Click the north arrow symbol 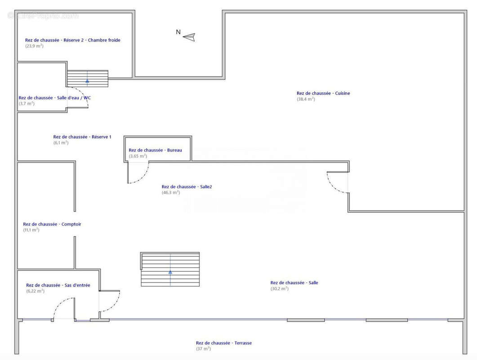[189, 37]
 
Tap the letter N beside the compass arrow [178, 32]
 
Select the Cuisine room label [323, 93]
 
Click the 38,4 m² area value [306, 99]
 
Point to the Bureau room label [155, 150]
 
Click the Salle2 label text [187, 187]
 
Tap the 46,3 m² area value [171, 193]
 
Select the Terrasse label [224, 343]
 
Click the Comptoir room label [52, 224]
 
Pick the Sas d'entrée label [58, 285]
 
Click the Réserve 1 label [82, 137]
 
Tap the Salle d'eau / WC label [55, 98]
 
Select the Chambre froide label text [104, 40]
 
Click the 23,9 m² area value [34, 46]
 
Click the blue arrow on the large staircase [170, 272]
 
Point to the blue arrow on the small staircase [87, 81]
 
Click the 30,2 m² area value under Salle [280, 288]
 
